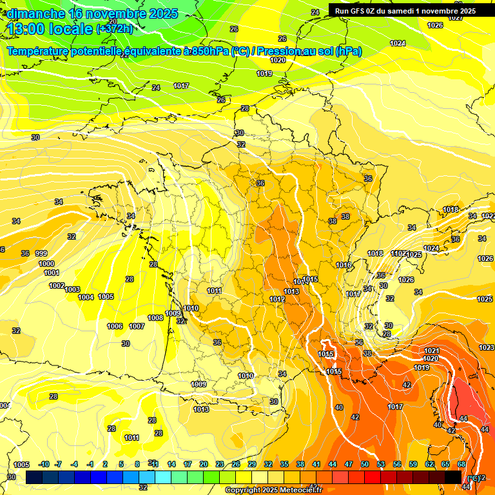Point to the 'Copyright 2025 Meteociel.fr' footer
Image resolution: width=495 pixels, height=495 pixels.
(x=273, y=490)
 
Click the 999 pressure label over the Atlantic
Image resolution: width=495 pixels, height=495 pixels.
(x=41, y=253)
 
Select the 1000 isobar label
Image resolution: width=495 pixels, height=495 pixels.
(x=46, y=264)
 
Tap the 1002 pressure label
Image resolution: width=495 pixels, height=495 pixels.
(x=57, y=286)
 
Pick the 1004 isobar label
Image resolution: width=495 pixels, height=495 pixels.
(x=86, y=297)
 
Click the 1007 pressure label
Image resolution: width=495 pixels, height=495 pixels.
(x=136, y=326)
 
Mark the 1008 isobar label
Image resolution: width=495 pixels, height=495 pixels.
(x=155, y=318)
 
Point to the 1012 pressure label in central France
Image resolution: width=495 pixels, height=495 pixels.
(x=278, y=300)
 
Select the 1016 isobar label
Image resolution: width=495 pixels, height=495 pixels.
(x=344, y=265)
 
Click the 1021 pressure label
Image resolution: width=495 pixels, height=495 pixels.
(x=431, y=351)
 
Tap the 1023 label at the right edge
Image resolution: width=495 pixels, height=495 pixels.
(x=487, y=347)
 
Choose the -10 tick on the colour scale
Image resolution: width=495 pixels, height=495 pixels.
(x=44, y=464)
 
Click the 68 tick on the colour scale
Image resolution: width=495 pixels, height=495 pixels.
(x=461, y=464)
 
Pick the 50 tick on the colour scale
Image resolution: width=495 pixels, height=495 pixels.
(x=365, y=464)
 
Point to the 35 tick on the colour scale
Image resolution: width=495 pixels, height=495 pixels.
(x=284, y=464)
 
